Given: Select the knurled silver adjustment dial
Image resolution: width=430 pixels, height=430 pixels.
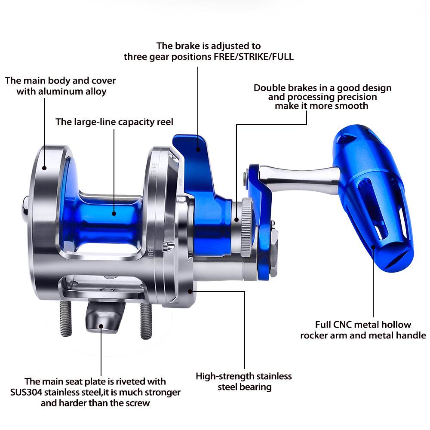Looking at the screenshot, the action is (x=246, y=227).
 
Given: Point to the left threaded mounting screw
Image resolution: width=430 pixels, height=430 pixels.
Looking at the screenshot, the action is (x=65, y=318).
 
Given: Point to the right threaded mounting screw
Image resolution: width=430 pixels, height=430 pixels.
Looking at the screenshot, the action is (x=146, y=320).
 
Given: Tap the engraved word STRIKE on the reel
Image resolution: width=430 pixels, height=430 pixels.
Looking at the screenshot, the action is (x=154, y=171).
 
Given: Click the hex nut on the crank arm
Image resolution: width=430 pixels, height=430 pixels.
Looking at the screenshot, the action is (x=274, y=253).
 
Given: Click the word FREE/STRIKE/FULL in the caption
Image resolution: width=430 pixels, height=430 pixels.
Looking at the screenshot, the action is (x=254, y=57).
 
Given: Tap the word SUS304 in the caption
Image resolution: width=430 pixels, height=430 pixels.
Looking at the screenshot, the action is (x=26, y=392).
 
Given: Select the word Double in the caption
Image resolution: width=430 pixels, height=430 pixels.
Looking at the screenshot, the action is (x=269, y=88).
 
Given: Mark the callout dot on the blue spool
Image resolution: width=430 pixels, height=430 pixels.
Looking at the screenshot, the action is (x=114, y=214).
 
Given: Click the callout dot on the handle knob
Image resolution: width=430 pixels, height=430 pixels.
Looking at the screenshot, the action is (x=373, y=247).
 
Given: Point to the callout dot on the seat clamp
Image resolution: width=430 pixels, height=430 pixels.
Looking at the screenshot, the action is (x=101, y=326).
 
